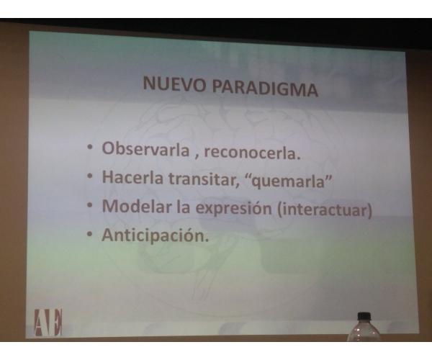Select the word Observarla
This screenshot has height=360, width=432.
pos(145,149)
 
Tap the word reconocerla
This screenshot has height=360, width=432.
pos(252,153)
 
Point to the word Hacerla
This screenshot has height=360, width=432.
pos(132,177)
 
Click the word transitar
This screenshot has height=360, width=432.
pos(204,179)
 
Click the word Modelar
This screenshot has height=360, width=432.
pos(137,206)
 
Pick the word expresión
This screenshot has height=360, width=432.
pos(233,209)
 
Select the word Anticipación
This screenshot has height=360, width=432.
pos(155,235)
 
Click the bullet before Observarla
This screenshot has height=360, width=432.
pos(89,148)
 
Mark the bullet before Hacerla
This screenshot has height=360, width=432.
pos(89,176)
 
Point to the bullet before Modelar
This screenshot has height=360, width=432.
pos(89,205)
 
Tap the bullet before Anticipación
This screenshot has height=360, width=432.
pos(89,234)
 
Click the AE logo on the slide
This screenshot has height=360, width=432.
pos(48,323)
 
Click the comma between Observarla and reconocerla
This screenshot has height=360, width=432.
pos(197,157)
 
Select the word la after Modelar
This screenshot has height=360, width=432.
pos(183,207)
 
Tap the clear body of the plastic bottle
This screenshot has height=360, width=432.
pos(364,331)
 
